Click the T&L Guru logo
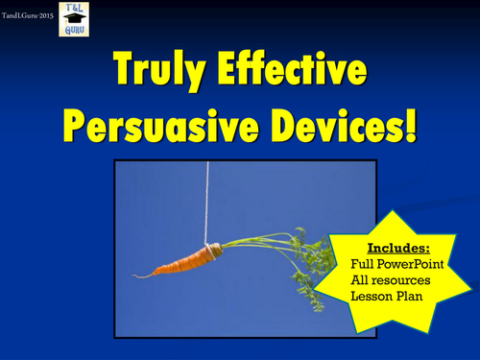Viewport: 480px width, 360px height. pos(74,19)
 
